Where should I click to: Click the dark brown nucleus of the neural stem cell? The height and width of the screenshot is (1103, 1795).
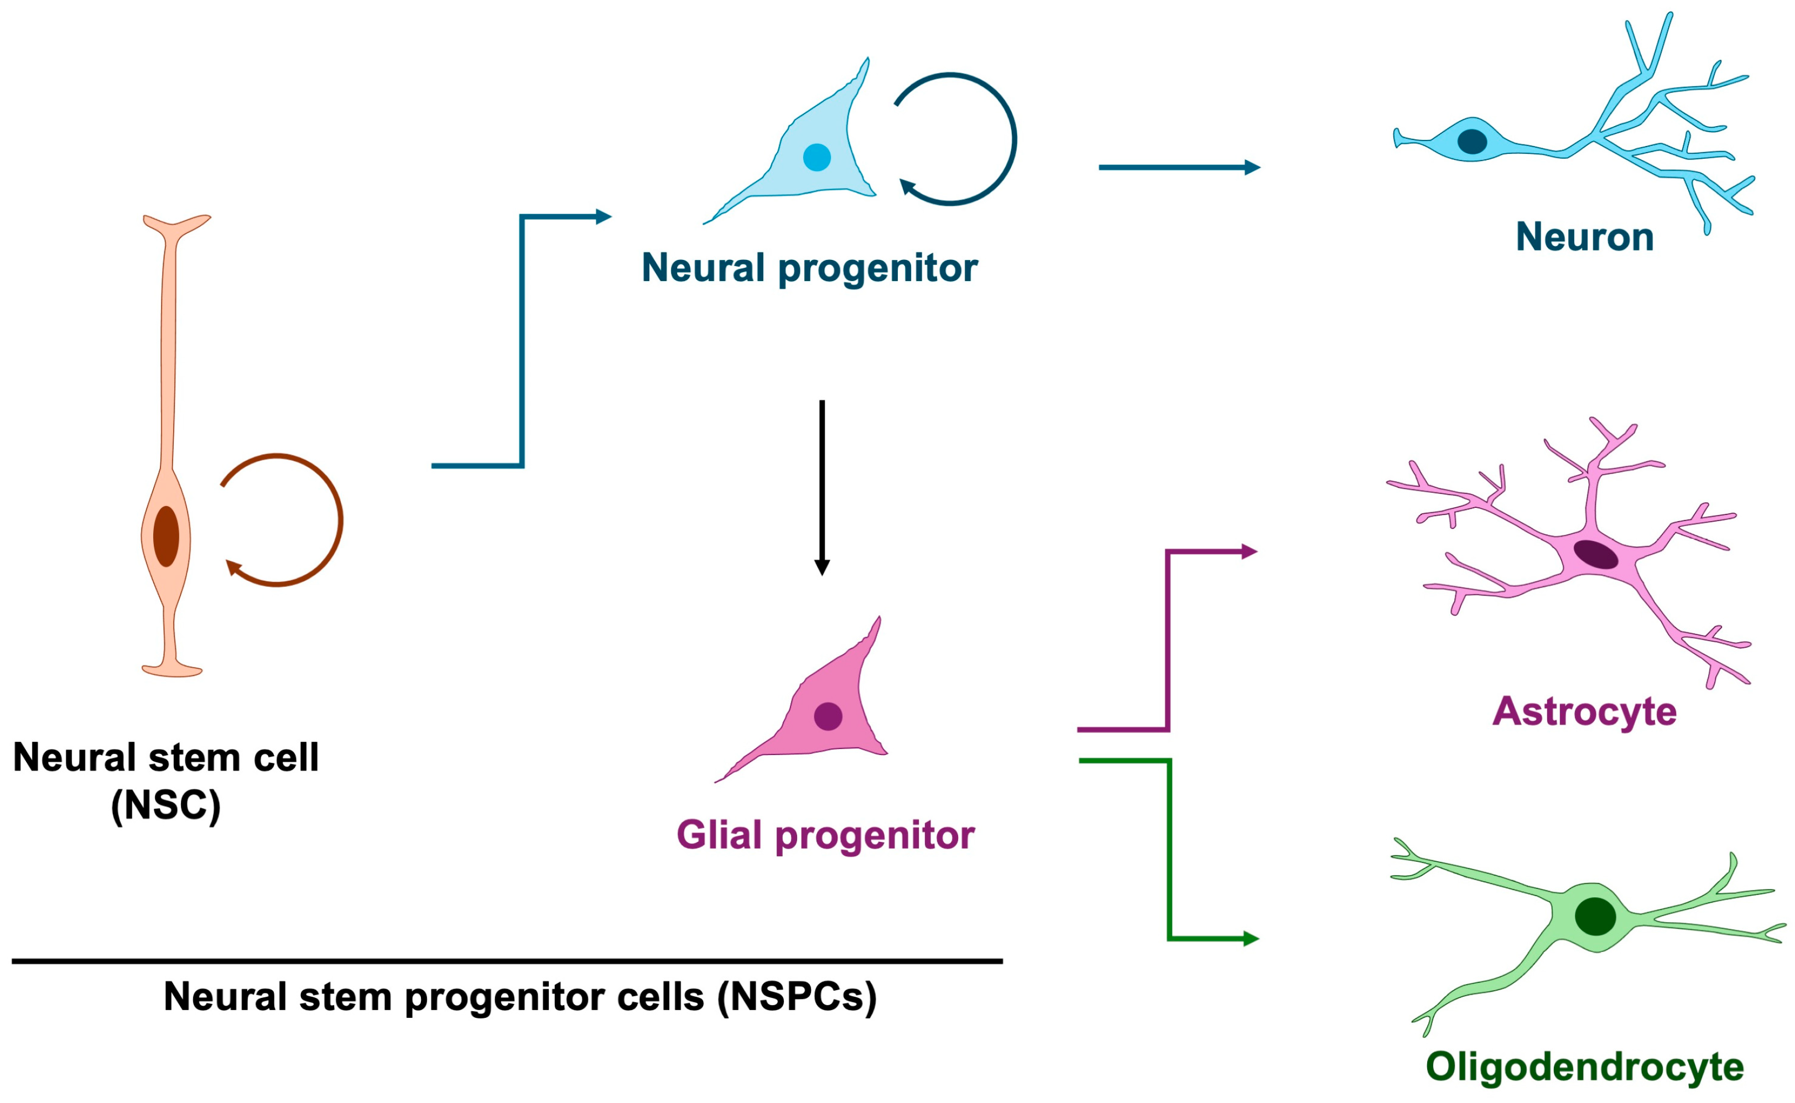click(x=167, y=536)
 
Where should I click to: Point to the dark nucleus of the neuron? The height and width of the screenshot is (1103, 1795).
click(x=1472, y=142)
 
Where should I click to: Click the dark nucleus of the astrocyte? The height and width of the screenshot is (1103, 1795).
click(x=1595, y=554)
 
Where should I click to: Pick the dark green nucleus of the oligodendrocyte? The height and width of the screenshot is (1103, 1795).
click(x=1595, y=916)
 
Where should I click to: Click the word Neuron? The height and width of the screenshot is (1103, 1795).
click(x=1584, y=237)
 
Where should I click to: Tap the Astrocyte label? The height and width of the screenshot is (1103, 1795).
click(x=1584, y=711)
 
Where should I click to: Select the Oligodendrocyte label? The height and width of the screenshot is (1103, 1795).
click(x=1584, y=1066)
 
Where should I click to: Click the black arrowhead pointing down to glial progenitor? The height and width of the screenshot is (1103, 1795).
click(x=822, y=568)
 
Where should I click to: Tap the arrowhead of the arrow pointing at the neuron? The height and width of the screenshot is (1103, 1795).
click(x=1252, y=167)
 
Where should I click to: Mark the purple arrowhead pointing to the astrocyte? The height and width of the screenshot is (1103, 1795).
click(x=1250, y=551)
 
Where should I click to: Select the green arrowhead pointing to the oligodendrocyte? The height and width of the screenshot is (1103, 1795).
click(x=1251, y=938)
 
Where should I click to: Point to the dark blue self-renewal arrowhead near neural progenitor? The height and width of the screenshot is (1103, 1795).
click(x=907, y=187)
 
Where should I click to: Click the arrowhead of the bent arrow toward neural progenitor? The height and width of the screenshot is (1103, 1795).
click(x=603, y=217)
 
